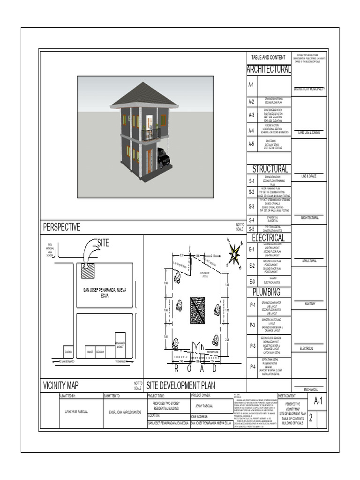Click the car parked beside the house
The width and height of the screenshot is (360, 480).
click(163, 158)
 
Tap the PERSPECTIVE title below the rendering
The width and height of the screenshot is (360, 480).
click(62, 227)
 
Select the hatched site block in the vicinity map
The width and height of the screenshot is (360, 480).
click(87, 270)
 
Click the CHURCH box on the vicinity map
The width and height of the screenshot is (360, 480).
click(68, 352)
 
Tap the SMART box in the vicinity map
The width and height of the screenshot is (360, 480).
click(89, 352)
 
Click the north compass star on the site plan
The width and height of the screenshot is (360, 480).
click(233, 254)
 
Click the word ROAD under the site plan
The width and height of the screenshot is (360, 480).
click(196, 369)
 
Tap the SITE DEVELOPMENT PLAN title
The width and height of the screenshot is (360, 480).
click(180, 386)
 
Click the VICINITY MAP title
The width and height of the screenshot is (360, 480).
click(61, 386)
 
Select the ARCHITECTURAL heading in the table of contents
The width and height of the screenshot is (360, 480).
click(269, 69)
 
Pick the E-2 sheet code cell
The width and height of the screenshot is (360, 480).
click(252, 266)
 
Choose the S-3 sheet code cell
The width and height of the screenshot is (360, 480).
click(252, 206)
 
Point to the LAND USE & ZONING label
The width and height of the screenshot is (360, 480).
click(309, 133)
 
